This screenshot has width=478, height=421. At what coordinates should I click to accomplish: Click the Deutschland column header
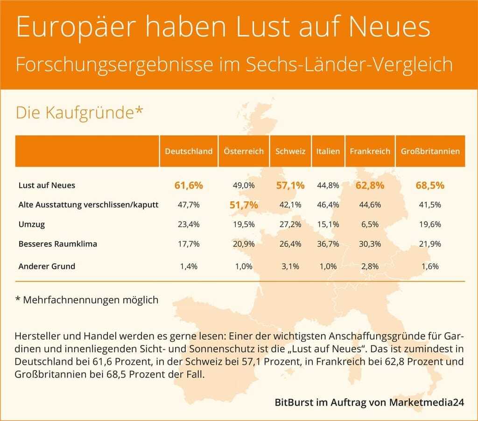tap(189, 152)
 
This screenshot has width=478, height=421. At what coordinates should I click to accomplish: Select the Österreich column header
tap(243, 152)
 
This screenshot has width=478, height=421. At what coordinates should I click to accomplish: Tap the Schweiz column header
tap(290, 152)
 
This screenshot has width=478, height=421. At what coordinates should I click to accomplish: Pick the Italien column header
tap(328, 152)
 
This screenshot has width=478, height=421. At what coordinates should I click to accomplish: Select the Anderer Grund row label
tap(47, 267)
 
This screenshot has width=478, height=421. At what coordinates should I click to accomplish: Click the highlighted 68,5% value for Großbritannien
tap(429, 186)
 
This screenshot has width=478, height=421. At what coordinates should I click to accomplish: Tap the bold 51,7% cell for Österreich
tap(243, 205)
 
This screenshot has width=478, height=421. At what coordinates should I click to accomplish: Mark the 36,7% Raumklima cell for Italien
tap(328, 244)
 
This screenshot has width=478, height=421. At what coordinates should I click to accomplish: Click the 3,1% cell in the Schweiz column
tap(290, 267)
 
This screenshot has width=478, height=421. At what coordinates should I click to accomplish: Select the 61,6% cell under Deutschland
tap(189, 186)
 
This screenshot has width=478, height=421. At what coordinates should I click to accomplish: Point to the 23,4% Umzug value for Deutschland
tap(189, 224)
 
